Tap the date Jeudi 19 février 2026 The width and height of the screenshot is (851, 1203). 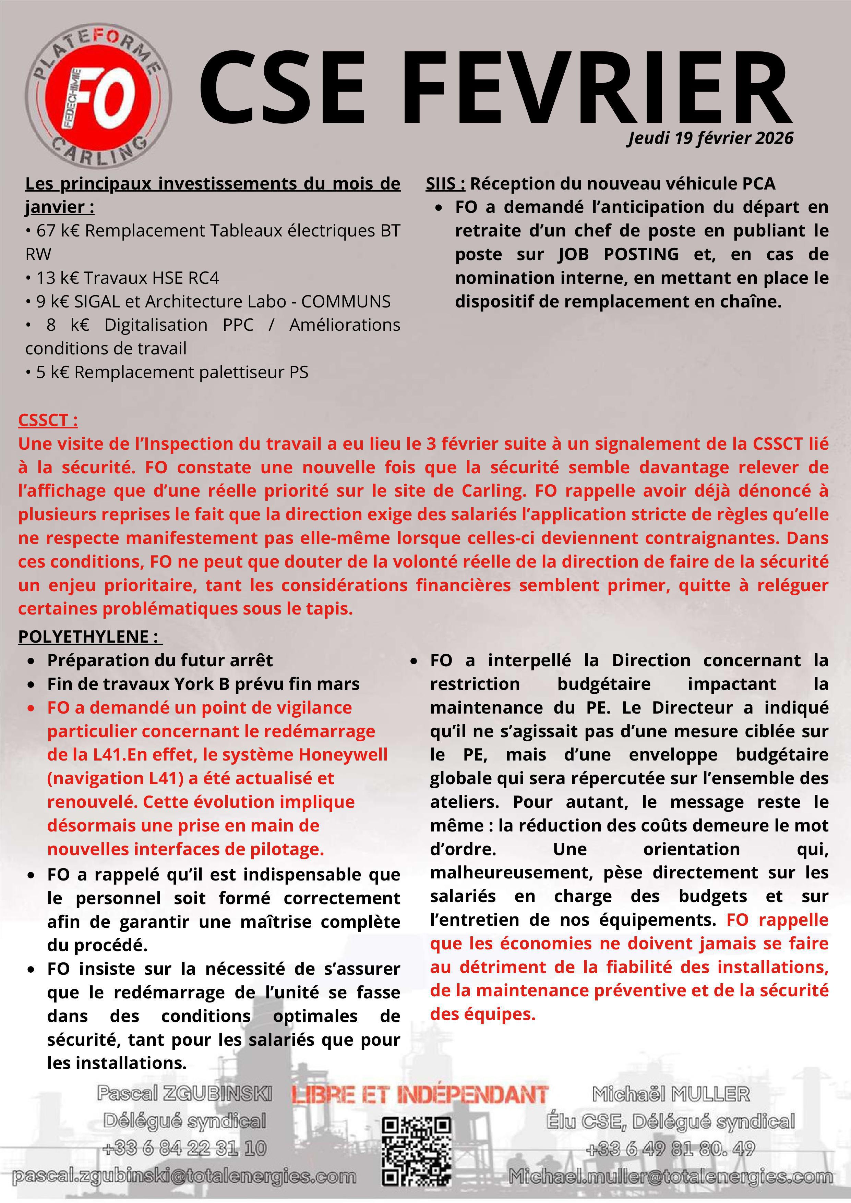click(x=710, y=138)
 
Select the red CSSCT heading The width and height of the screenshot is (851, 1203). click(x=48, y=420)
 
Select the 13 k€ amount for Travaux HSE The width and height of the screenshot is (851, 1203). click(x=57, y=278)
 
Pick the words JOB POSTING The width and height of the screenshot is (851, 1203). click(x=618, y=254)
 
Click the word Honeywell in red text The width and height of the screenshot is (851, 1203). click(x=343, y=754)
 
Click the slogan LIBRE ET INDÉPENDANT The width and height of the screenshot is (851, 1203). click(x=420, y=1094)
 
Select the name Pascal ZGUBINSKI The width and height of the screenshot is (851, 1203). click(x=184, y=1093)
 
